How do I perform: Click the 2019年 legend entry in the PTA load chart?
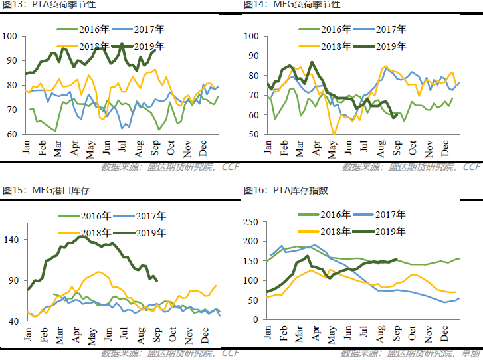151,46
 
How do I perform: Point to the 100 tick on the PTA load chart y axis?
10,36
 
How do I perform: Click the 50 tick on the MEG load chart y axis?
255,135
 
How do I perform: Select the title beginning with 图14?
292,5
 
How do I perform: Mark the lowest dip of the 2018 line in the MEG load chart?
334,134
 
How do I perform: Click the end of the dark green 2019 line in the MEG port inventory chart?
157,281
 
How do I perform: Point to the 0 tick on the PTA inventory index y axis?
256,319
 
